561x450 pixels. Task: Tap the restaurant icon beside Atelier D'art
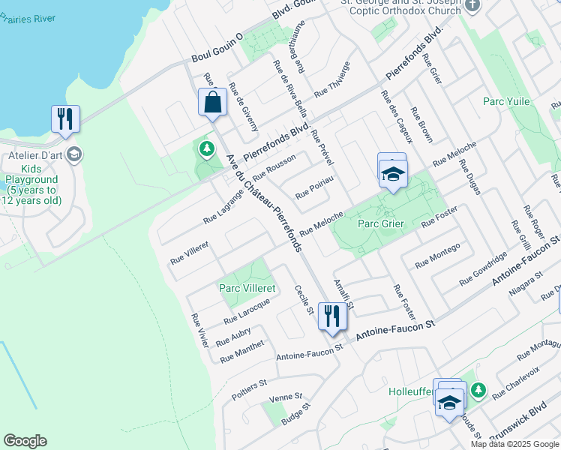65,118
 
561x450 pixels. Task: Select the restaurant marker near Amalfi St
331,315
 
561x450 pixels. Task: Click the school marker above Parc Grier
392,174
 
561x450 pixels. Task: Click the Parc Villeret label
247,288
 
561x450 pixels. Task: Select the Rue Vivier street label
199,330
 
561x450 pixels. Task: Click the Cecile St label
304,300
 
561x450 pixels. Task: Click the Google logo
25,441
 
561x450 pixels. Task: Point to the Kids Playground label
31,190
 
